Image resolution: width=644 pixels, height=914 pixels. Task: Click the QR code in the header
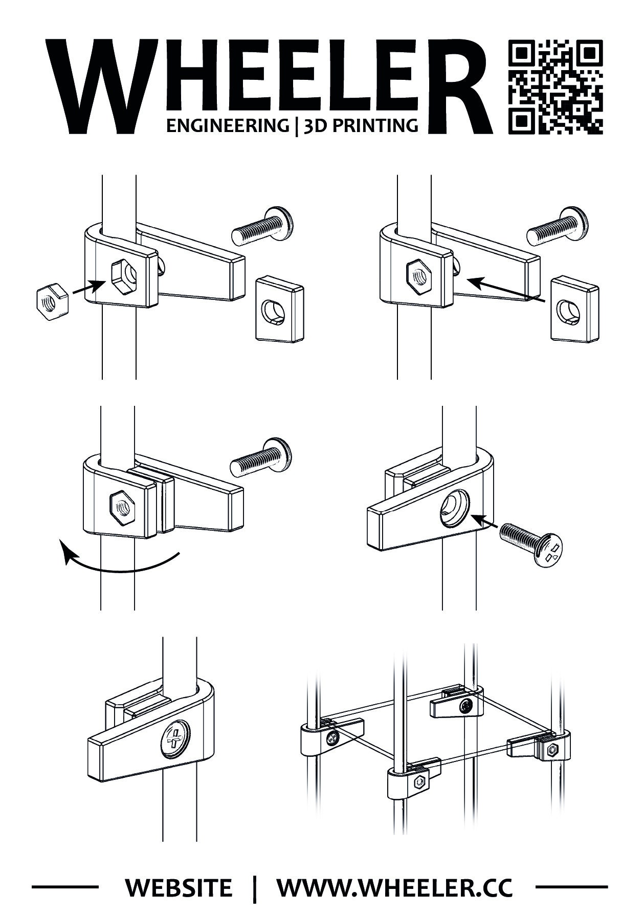(x=556, y=86)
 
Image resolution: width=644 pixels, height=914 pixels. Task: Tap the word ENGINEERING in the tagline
(x=227, y=125)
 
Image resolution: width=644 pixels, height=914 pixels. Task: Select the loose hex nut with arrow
(x=51, y=302)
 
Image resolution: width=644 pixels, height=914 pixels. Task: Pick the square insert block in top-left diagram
(x=279, y=308)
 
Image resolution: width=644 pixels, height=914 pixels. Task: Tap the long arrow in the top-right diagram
(x=506, y=289)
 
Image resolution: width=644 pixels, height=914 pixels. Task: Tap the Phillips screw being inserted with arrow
(x=532, y=544)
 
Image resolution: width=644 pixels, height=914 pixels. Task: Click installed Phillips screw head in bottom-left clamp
(x=174, y=741)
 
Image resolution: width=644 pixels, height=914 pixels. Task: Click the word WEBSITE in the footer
(x=179, y=887)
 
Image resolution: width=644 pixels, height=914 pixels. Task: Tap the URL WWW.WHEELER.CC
(x=394, y=887)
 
